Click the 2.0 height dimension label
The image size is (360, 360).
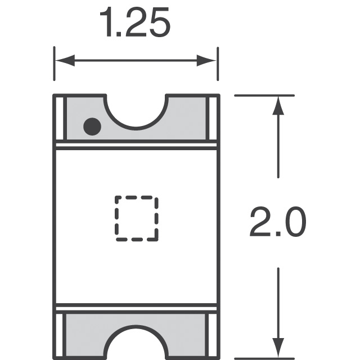tap(278, 223)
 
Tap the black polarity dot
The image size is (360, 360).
tap(92, 127)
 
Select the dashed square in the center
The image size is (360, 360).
tap(137, 218)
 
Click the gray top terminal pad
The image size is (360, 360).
tap(186, 121)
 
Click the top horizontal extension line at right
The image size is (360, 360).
tap(264, 96)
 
